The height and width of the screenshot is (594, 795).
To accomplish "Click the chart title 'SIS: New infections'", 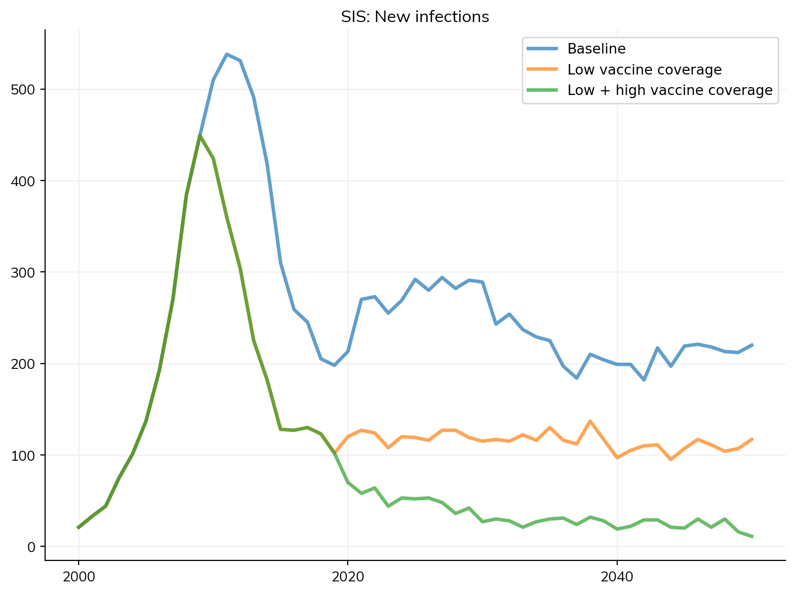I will pyautogui.click(x=415, y=17).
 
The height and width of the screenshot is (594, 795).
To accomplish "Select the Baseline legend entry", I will pyautogui.click(x=596, y=49).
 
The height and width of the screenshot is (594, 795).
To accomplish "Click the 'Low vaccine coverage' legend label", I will pyautogui.click(x=644, y=70).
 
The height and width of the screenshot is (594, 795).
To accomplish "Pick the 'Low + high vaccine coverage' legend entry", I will pyautogui.click(x=670, y=90).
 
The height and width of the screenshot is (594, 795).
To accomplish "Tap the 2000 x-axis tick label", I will pyautogui.click(x=79, y=577).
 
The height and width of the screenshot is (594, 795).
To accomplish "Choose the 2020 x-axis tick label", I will pyautogui.click(x=348, y=577).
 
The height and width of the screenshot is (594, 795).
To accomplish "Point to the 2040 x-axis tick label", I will pyautogui.click(x=617, y=577).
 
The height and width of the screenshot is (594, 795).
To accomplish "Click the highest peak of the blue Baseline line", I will pyautogui.click(x=227, y=54).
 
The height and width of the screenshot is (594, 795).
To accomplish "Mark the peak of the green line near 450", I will pyautogui.click(x=200, y=136).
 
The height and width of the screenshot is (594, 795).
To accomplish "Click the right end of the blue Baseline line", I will pyautogui.click(x=752, y=345).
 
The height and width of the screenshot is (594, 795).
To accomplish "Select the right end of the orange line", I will pyautogui.click(x=752, y=439).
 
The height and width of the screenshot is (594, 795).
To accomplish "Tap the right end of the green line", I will pyautogui.click(x=752, y=536).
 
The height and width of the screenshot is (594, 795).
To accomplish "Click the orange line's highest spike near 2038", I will pyautogui.click(x=590, y=421).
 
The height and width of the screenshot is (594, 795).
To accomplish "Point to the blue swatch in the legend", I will pyautogui.click(x=542, y=49).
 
